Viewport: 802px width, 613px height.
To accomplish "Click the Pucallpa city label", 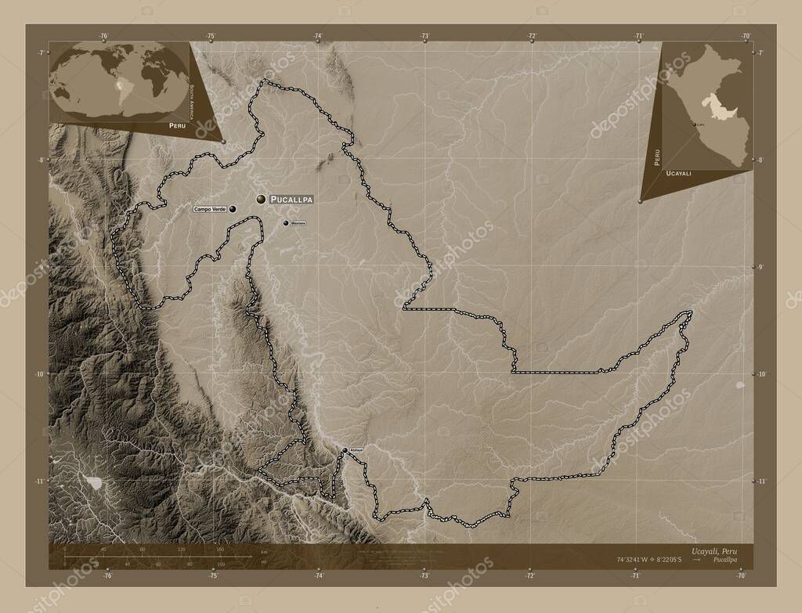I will click(x=291, y=200).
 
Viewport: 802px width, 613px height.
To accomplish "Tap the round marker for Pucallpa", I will click(x=260, y=200).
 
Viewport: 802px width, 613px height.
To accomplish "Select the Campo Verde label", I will click(x=210, y=210).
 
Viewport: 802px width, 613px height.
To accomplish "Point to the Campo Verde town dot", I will click(x=233, y=210).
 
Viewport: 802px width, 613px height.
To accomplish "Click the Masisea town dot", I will click(x=286, y=223).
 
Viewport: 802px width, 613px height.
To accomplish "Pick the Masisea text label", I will click(x=298, y=223).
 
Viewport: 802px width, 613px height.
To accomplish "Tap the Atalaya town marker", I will click(x=345, y=449).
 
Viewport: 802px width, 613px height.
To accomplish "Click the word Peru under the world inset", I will click(x=176, y=124).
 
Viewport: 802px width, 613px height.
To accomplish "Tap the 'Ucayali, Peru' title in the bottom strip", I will click(x=714, y=551).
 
